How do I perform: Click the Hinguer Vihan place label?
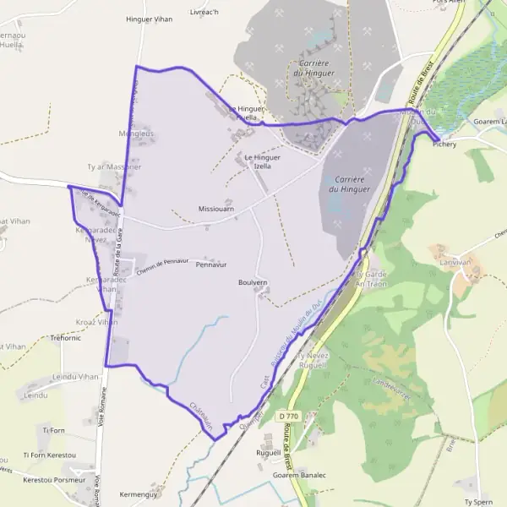(149, 19)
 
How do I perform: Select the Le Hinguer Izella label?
(262, 161)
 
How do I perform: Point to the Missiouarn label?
(215, 208)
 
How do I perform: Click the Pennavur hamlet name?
(211, 264)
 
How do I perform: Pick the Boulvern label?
(253, 282)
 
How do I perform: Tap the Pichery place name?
(444, 144)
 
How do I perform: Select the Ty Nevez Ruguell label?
(313, 361)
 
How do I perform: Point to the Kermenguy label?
(139, 493)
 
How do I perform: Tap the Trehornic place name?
(66, 337)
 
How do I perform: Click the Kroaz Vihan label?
(95, 322)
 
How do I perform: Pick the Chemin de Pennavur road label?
(161, 263)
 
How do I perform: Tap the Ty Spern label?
(477, 501)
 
